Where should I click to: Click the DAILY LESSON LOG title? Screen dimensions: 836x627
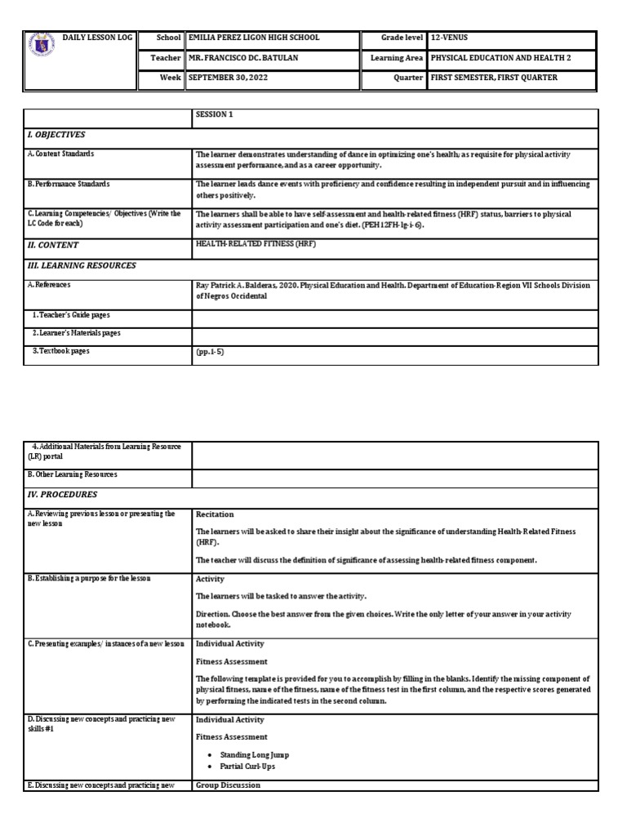pos(97,38)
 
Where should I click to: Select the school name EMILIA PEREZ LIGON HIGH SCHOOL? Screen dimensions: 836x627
pos(254,38)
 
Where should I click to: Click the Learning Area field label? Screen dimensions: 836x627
pos(396,58)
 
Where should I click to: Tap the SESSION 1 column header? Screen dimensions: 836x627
pos(215,115)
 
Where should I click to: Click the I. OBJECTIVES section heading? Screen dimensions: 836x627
pos(56,135)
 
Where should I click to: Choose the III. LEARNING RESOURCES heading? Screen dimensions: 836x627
pos(82,265)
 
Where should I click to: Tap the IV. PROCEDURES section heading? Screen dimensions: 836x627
pos(62,495)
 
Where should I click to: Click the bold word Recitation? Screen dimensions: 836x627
pos(215,514)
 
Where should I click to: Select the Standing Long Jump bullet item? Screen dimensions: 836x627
pos(254,755)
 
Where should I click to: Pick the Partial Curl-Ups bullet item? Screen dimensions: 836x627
pos(248,767)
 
